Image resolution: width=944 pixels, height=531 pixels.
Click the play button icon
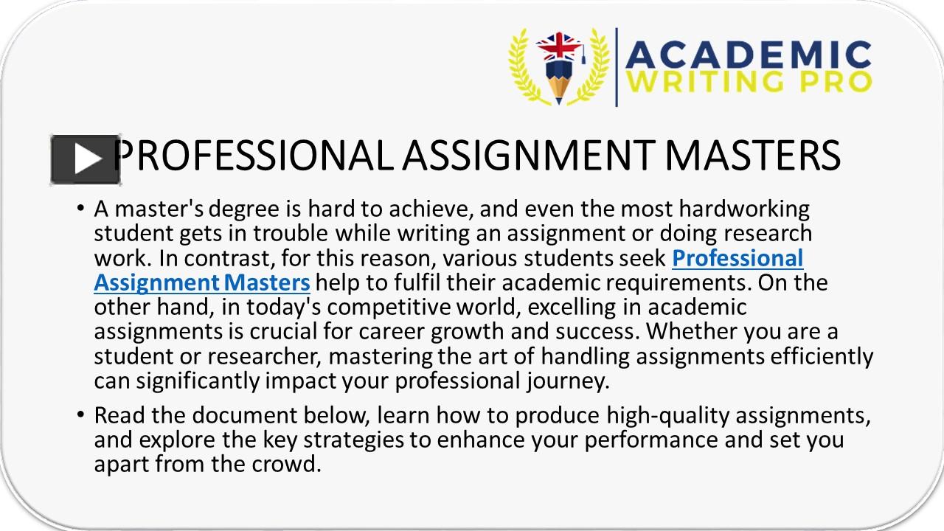85,159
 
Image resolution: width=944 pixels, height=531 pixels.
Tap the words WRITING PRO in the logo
749,82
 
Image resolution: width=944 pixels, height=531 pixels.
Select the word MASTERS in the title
752,156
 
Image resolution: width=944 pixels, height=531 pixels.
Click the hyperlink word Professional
737,258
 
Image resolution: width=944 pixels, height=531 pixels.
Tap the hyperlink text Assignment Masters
201,282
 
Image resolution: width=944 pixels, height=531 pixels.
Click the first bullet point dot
80,209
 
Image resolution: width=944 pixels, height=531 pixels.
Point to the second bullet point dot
80,416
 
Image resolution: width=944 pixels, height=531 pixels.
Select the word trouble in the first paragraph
291,234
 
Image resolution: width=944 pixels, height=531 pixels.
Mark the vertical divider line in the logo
617,67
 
